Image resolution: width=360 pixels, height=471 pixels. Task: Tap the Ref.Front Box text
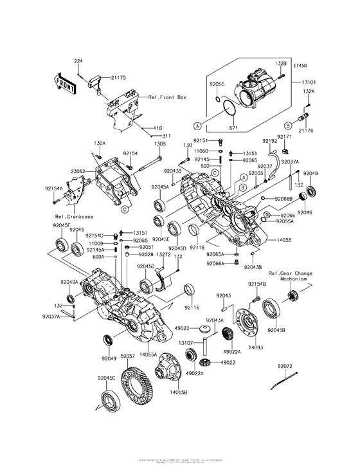coord(166,97)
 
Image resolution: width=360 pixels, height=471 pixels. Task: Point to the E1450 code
coord(300,66)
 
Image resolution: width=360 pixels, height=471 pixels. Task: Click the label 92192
coord(270,141)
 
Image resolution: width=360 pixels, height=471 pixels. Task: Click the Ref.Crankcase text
coord(71,216)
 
